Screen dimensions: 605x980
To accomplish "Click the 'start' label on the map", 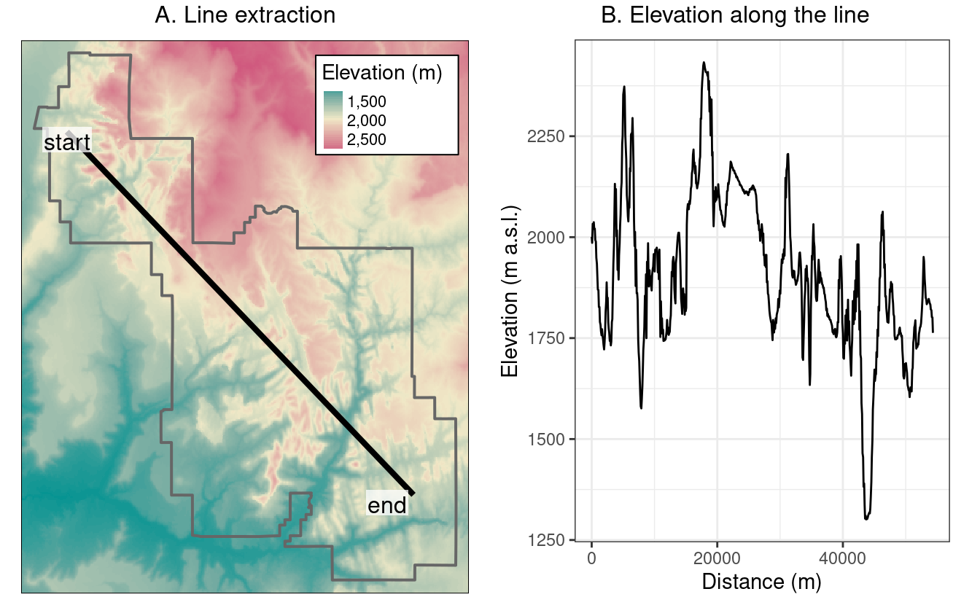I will (x=67, y=142).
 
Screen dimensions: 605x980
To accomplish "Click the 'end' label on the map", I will (x=386, y=505).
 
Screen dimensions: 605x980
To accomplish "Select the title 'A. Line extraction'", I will (x=245, y=15).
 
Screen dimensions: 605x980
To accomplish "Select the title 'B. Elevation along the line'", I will (x=735, y=15).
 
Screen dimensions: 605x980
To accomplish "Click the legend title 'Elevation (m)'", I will (x=381, y=73).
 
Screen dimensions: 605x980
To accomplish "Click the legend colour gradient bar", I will (x=332, y=120).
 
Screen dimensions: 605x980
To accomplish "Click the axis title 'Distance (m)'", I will (x=761, y=582).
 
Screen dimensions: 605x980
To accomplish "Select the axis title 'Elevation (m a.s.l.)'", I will (x=510, y=290).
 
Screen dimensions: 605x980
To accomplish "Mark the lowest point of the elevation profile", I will (x=866, y=519).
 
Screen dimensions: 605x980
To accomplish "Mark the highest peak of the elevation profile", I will (x=704, y=62).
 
